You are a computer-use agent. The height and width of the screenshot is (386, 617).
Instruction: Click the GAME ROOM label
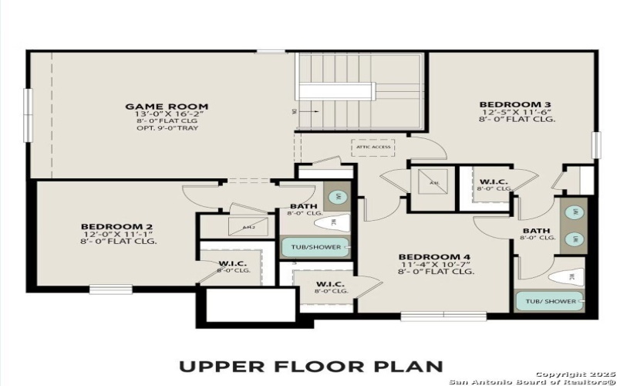pos(167,107)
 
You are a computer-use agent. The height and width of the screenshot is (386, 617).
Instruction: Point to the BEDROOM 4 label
pos(434,256)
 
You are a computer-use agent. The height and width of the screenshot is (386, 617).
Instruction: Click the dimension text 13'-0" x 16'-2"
pos(167,114)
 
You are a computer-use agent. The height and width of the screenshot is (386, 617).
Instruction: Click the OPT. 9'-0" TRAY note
pos(167,128)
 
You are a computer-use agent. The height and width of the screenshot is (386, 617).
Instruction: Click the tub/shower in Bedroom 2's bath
pos(316,248)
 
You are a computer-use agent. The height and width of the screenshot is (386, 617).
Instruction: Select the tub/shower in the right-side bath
pos(549,301)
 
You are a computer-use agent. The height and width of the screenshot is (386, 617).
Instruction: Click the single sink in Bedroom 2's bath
pos(337,196)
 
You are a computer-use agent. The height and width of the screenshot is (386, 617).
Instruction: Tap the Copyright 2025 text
pos(568,374)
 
